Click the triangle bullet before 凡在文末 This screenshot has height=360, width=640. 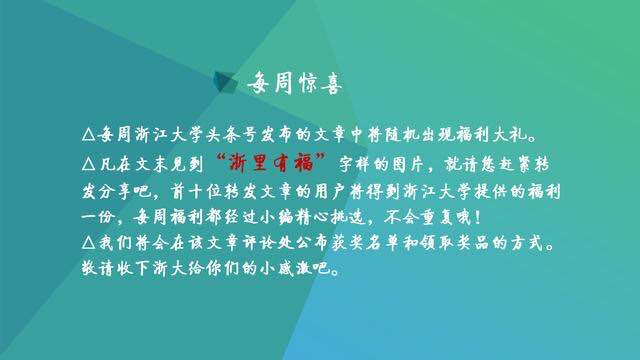(87, 161)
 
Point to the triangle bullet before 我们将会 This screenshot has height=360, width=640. (87, 243)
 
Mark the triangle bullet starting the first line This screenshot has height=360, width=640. (87, 133)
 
